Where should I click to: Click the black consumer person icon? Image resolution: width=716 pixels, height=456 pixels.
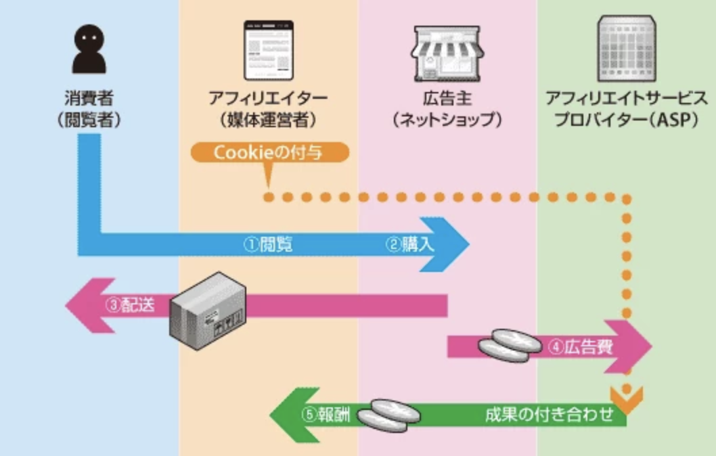point(89,49)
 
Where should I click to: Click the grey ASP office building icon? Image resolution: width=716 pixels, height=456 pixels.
point(627,49)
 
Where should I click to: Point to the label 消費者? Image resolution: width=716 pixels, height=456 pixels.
point(89,98)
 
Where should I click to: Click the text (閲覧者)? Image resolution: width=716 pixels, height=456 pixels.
point(89,120)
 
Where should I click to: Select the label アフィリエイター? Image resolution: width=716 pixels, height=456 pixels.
point(269,98)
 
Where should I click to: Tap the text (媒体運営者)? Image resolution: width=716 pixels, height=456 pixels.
point(269,120)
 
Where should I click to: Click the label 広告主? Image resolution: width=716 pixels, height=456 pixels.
point(447,98)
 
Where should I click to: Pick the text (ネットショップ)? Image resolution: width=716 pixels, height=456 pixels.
point(447,120)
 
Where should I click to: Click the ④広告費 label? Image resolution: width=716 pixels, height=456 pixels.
point(581,347)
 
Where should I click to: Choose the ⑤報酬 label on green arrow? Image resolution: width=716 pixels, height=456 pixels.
point(328,415)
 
